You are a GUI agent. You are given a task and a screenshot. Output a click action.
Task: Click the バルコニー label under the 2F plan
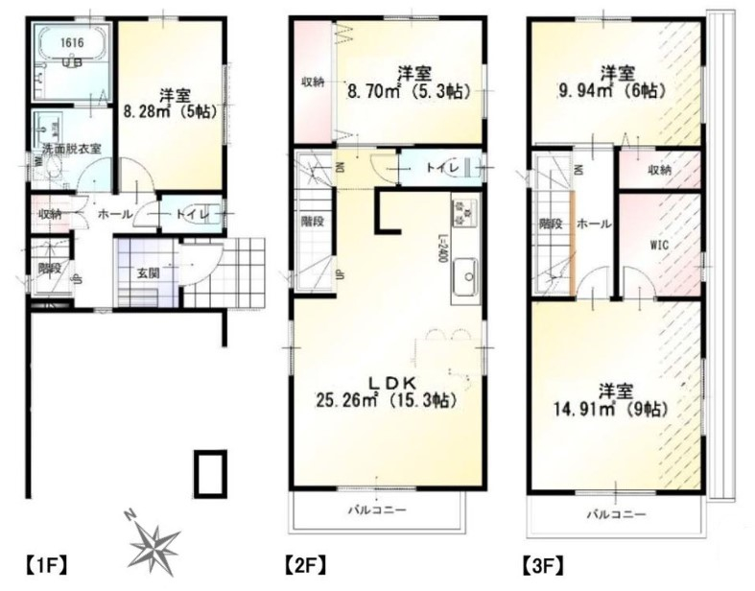tap(378, 509)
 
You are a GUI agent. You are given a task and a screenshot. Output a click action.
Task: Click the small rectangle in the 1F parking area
tap(210, 472)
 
